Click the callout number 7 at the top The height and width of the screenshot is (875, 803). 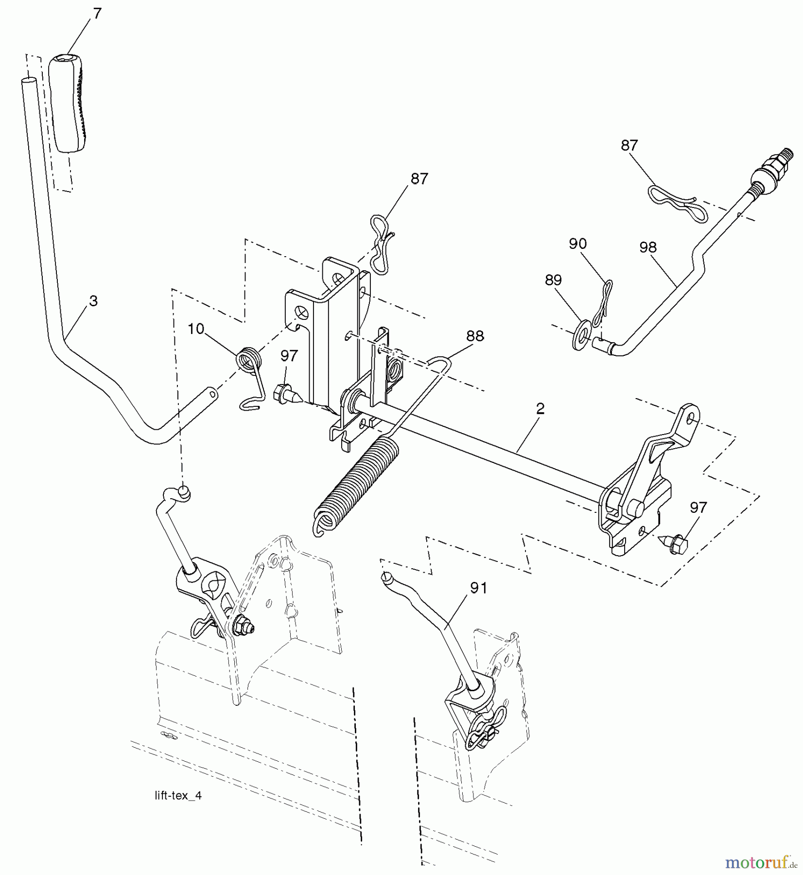point(97,14)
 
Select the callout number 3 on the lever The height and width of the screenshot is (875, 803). point(93,301)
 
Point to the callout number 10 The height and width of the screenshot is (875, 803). point(195,329)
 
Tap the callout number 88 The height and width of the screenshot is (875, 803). point(475,336)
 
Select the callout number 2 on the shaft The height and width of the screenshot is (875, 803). point(540,409)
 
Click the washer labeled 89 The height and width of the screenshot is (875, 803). point(582,328)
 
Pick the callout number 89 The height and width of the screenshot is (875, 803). point(554,280)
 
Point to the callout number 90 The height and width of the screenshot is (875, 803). point(577,244)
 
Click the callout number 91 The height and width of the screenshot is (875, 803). point(478,588)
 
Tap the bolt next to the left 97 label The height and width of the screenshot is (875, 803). point(287,392)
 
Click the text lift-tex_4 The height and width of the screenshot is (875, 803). point(175,796)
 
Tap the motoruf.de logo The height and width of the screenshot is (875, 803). point(761,862)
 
